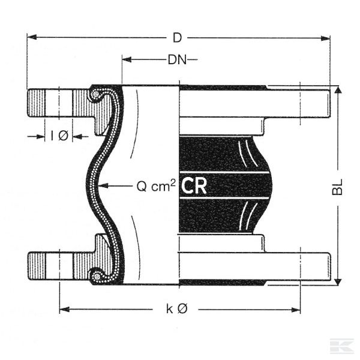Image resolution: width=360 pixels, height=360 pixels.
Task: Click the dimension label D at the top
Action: click(x=177, y=38)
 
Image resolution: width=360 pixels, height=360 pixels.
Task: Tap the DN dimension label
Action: click(x=176, y=59)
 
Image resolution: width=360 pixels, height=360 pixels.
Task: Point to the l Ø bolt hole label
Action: click(x=59, y=136)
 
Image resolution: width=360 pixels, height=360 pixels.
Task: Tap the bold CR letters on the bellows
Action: click(x=194, y=186)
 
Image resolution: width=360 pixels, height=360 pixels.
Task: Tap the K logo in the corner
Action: click(x=341, y=346)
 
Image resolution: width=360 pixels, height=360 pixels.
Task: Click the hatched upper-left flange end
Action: click(x=37, y=104)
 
